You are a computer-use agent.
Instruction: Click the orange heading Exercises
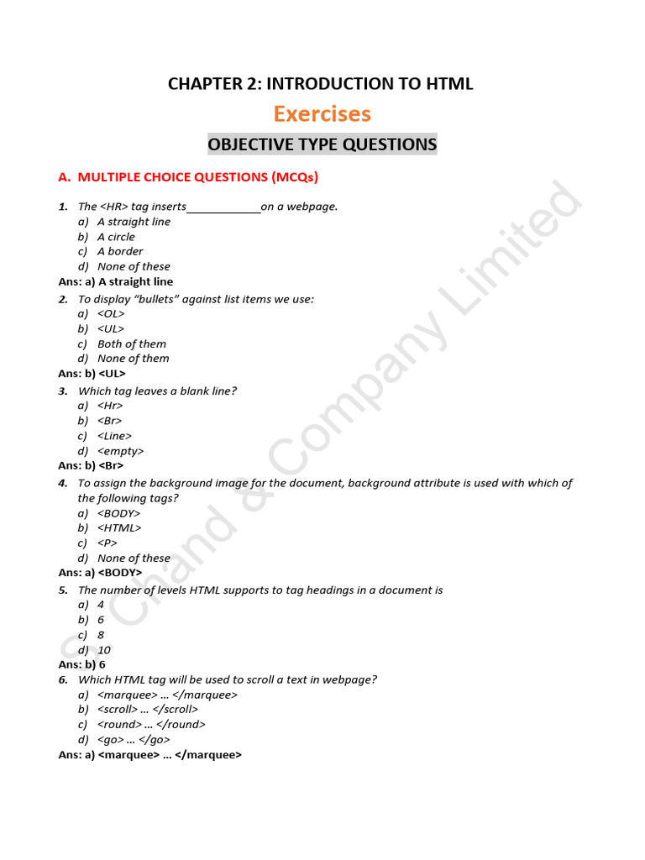pyautogui.click(x=322, y=113)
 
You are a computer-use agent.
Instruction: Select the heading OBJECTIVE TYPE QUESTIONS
pyautogui.click(x=322, y=144)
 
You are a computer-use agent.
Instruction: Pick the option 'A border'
pyautogui.click(x=120, y=251)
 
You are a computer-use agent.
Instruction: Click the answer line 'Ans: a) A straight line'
pyautogui.click(x=116, y=281)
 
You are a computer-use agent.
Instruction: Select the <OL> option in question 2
pyautogui.click(x=111, y=313)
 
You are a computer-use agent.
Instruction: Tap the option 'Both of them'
pyautogui.click(x=132, y=343)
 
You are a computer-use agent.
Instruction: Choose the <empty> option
pyautogui.click(x=120, y=451)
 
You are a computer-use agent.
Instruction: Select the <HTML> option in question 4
pyautogui.click(x=119, y=527)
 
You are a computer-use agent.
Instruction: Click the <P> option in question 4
pyautogui.click(x=107, y=543)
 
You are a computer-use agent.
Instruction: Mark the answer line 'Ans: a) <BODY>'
pyautogui.click(x=100, y=573)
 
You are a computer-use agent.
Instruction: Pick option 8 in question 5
pyautogui.click(x=101, y=635)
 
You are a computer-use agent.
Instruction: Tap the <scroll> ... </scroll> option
pyautogui.click(x=148, y=709)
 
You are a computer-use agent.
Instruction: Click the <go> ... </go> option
pyautogui.click(x=134, y=740)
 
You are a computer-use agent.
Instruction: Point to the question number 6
pyautogui.click(x=63, y=679)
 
